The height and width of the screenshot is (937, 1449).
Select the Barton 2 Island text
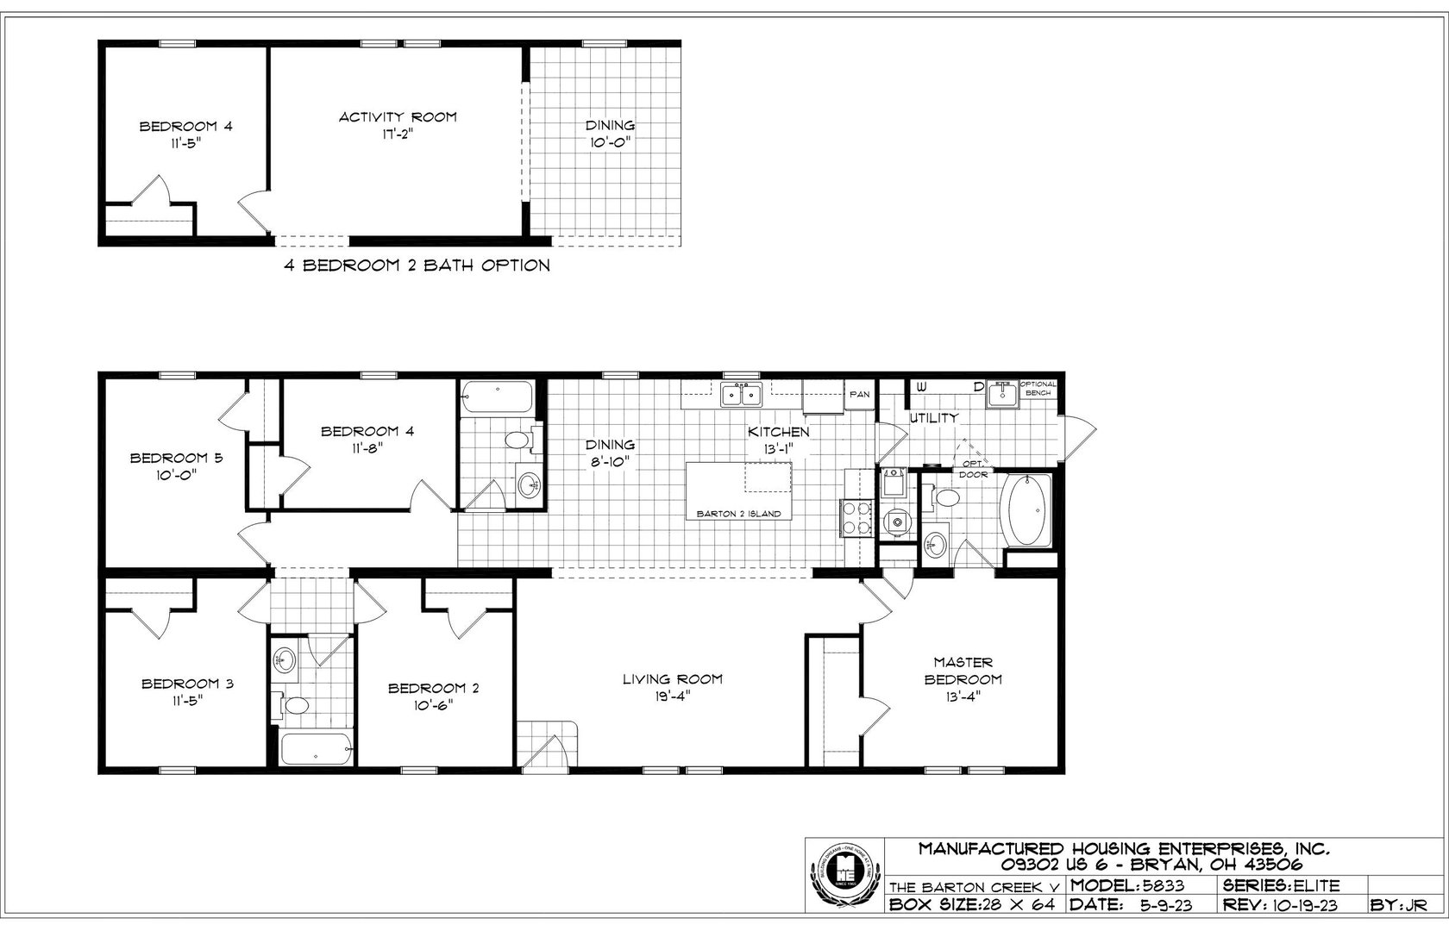(738, 514)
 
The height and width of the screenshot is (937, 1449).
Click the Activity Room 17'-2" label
(398, 126)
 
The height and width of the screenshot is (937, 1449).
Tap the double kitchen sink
(741, 395)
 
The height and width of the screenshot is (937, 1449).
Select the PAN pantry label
(859, 394)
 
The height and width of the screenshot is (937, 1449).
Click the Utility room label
(933, 418)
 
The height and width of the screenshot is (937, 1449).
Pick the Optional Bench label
(1038, 388)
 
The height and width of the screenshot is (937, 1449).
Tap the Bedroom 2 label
(433, 696)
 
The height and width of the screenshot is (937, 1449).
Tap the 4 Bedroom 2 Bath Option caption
(417, 265)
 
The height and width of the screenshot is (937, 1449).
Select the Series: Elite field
(1280, 884)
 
